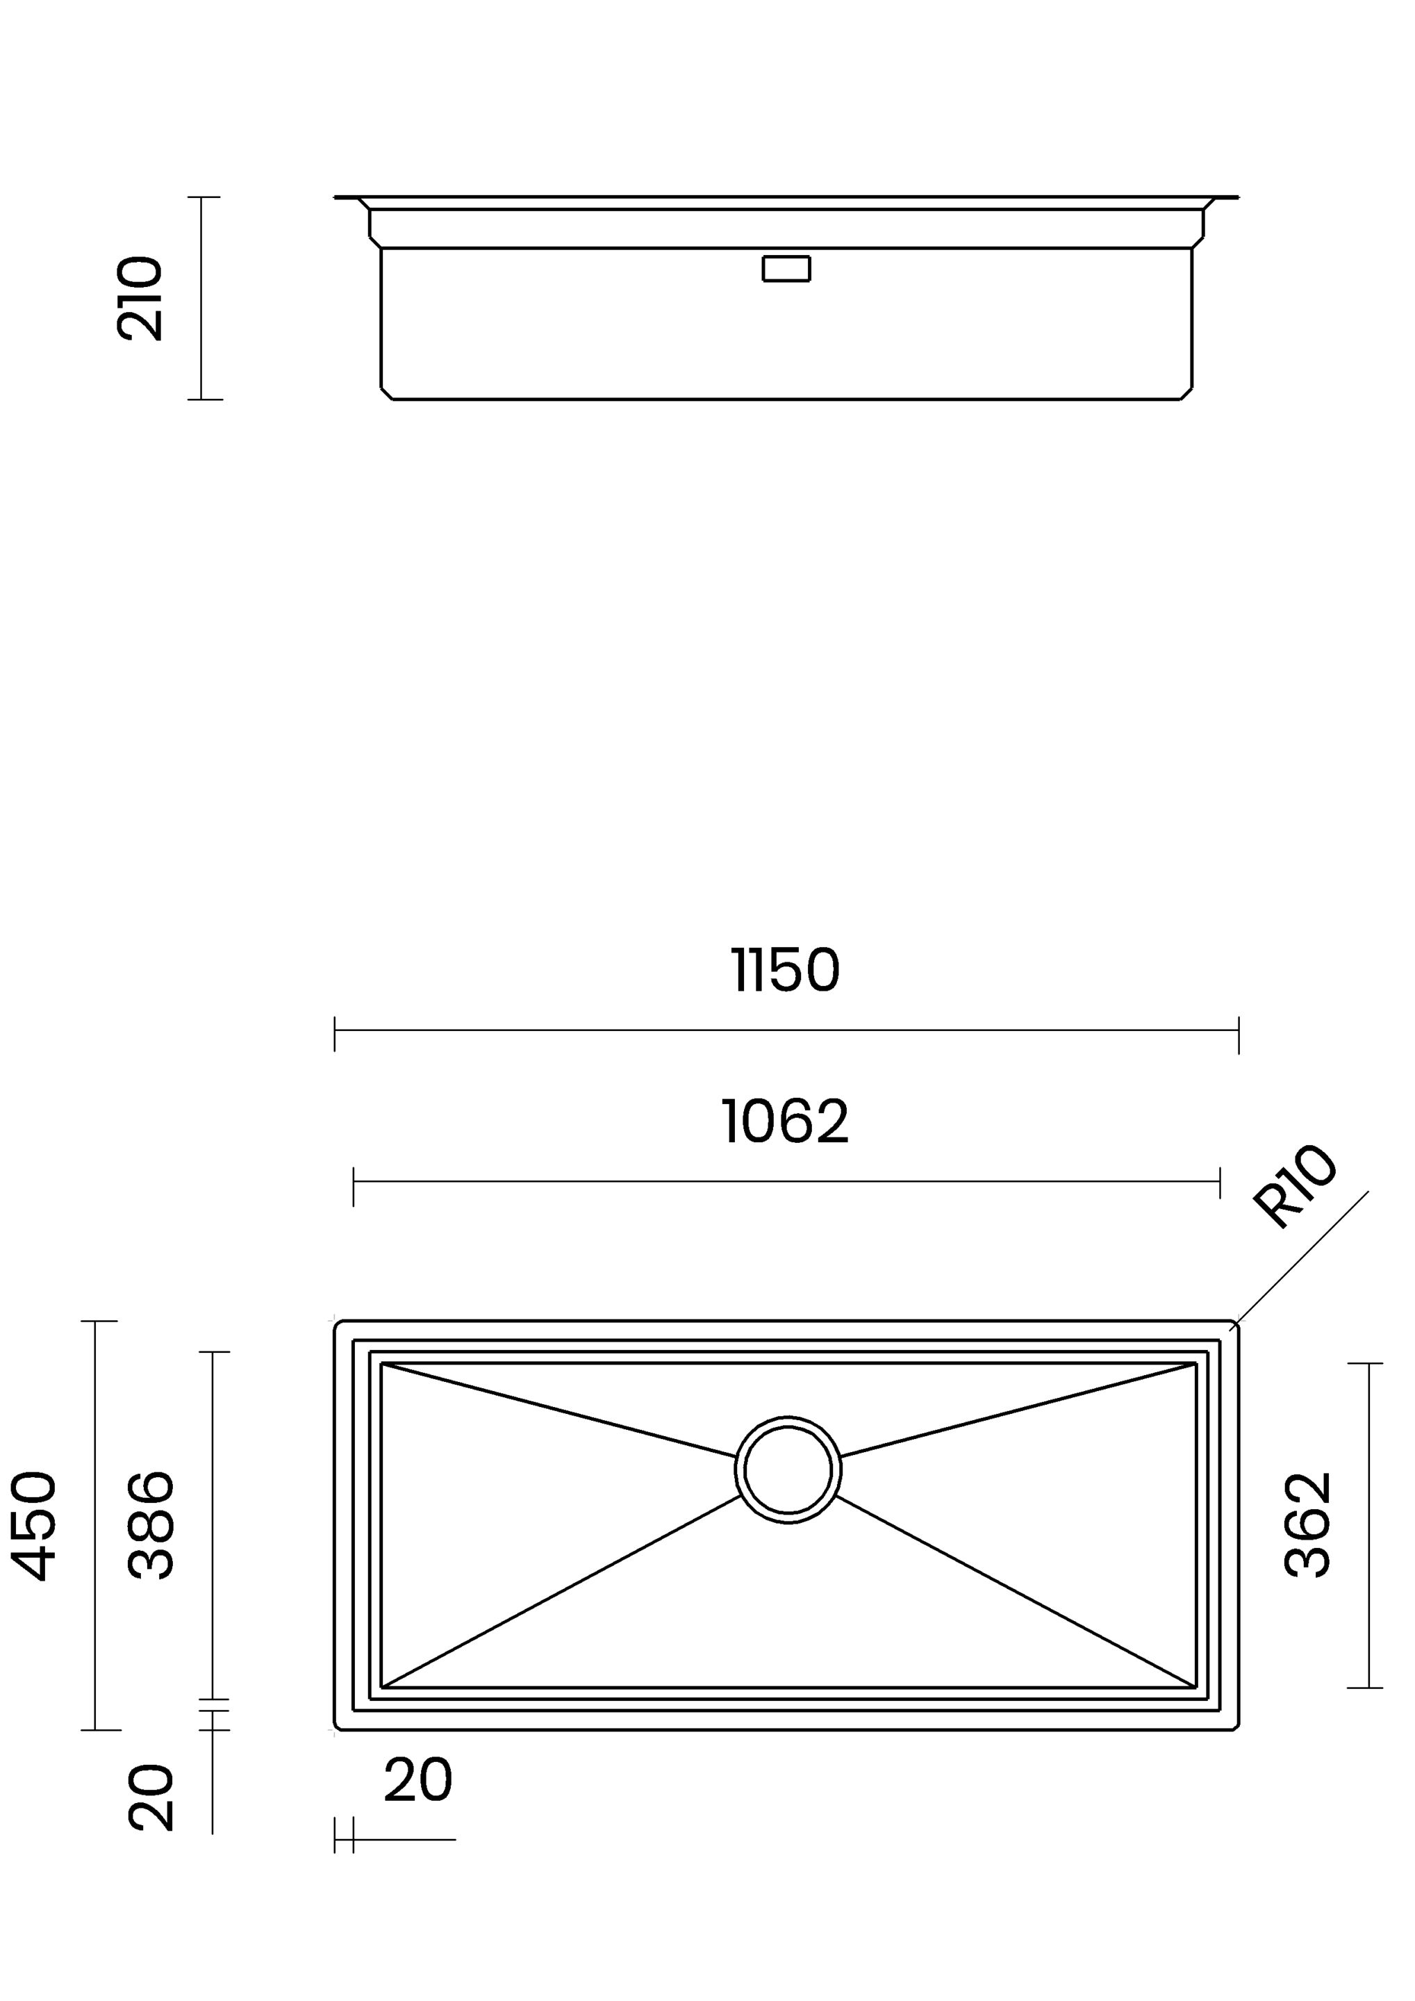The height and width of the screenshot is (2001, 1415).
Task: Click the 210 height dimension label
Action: (x=140, y=298)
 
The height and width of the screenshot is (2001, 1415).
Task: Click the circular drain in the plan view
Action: (x=788, y=1470)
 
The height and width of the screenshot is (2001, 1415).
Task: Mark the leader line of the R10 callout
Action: (x=1302, y=1258)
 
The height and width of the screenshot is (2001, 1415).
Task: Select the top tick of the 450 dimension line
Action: (x=99, y=1321)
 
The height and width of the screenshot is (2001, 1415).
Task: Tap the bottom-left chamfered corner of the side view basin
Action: (x=387, y=393)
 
